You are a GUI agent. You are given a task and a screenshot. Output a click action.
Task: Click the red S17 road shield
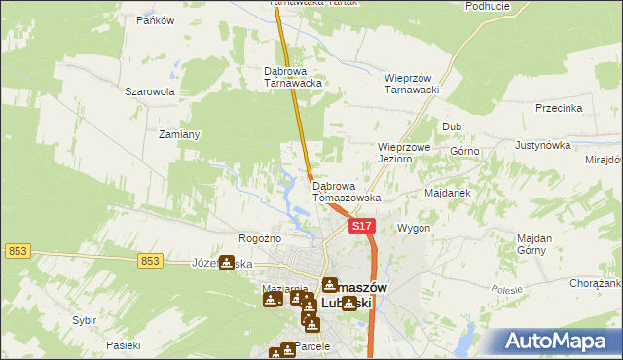[x=361, y=226]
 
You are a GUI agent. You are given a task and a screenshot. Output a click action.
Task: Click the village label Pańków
[x=155, y=20]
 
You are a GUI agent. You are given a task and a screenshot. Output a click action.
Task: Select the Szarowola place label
[x=149, y=91]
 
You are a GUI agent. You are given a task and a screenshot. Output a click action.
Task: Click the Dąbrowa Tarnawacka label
[x=293, y=77]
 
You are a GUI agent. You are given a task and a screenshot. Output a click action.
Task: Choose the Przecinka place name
[x=558, y=109]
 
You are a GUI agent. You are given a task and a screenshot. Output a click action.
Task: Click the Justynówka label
[x=541, y=145]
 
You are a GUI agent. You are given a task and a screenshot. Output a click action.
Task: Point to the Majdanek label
[x=448, y=193]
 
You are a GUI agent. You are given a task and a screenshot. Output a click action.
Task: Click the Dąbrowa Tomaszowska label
[x=347, y=191]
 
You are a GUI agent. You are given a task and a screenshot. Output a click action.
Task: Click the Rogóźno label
[x=260, y=238]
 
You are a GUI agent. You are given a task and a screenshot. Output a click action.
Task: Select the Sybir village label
[x=84, y=319]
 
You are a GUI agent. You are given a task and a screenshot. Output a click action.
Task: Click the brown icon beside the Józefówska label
[x=227, y=263]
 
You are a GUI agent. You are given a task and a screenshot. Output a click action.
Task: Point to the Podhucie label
[x=488, y=6]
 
